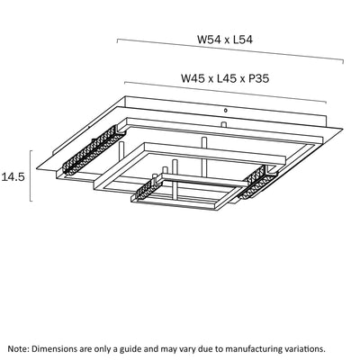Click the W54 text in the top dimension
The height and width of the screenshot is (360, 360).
click(x=209, y=40)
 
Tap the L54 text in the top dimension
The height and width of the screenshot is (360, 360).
click(x=243, y=40)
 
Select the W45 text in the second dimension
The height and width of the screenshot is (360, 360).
click(x=193, y=78)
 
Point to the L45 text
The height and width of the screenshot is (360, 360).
click(x=227, y=78)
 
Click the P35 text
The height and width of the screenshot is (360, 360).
click(x=258, y=78)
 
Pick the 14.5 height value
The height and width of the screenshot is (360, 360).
click(x=13, y=177)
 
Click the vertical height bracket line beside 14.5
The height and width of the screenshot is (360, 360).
click(x=31, y=175)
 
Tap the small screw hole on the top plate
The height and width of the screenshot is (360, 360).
click(x=226, y=110)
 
